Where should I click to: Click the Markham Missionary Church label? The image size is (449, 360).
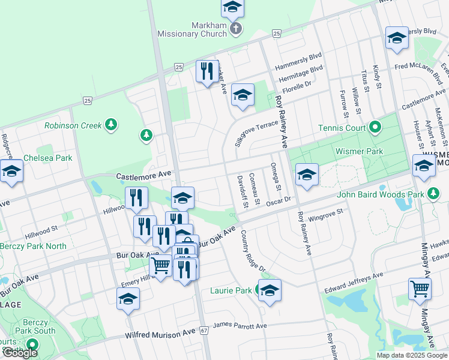click(192, 29)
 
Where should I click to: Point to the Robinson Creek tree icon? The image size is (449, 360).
click(110, 124)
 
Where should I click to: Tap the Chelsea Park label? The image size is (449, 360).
click(47, 158)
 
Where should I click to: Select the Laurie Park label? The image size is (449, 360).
click(231, 291)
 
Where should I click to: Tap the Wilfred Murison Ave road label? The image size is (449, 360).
click(160, 331)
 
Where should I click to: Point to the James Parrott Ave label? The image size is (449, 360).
click(240, 326)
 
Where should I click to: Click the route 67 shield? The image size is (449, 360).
click(205, 331)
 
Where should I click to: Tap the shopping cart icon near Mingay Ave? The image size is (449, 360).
click(420, 288)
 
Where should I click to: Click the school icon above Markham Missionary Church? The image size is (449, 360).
click(232, 8)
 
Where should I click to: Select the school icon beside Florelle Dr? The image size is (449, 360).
click(243, 95)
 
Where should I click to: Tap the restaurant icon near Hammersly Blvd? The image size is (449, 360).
click(207, 71)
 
